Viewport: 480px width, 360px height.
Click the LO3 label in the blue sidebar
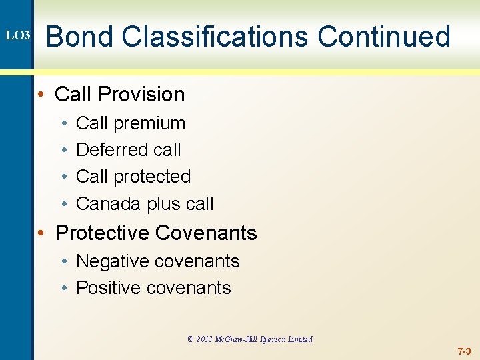(17, 34)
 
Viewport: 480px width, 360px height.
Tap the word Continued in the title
(384, 36)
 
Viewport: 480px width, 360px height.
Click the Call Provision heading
(119, 95)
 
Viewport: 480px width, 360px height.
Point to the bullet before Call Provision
(41, 95)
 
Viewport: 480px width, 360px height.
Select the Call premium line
(131, 123)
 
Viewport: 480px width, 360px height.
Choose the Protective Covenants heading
(156, 233)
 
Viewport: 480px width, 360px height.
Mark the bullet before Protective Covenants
(41, 233)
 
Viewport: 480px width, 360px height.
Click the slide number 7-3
(464, 351)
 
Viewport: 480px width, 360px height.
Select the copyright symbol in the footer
(191, 339)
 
